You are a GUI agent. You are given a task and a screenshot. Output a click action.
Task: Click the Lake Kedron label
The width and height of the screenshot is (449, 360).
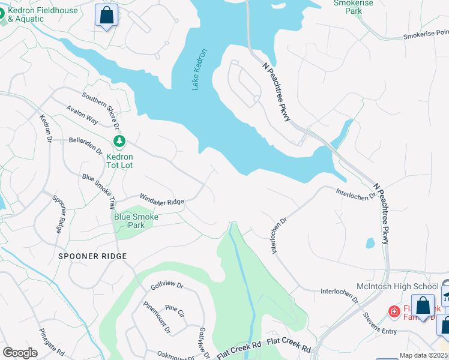[200, 70]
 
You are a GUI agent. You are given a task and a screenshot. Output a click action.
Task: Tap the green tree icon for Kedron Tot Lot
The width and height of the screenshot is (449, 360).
[120, 141]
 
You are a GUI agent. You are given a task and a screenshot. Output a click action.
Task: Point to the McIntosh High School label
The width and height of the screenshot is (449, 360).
[406, 287]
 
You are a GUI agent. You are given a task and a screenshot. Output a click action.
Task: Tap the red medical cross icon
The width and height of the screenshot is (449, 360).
[394, 311]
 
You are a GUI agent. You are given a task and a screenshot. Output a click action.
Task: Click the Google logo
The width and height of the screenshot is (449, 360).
[20, 353]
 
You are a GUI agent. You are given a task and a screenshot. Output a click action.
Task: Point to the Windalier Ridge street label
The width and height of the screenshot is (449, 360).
[161, 199]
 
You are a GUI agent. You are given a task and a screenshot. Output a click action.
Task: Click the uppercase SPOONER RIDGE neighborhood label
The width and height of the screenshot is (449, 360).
[92, 256]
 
